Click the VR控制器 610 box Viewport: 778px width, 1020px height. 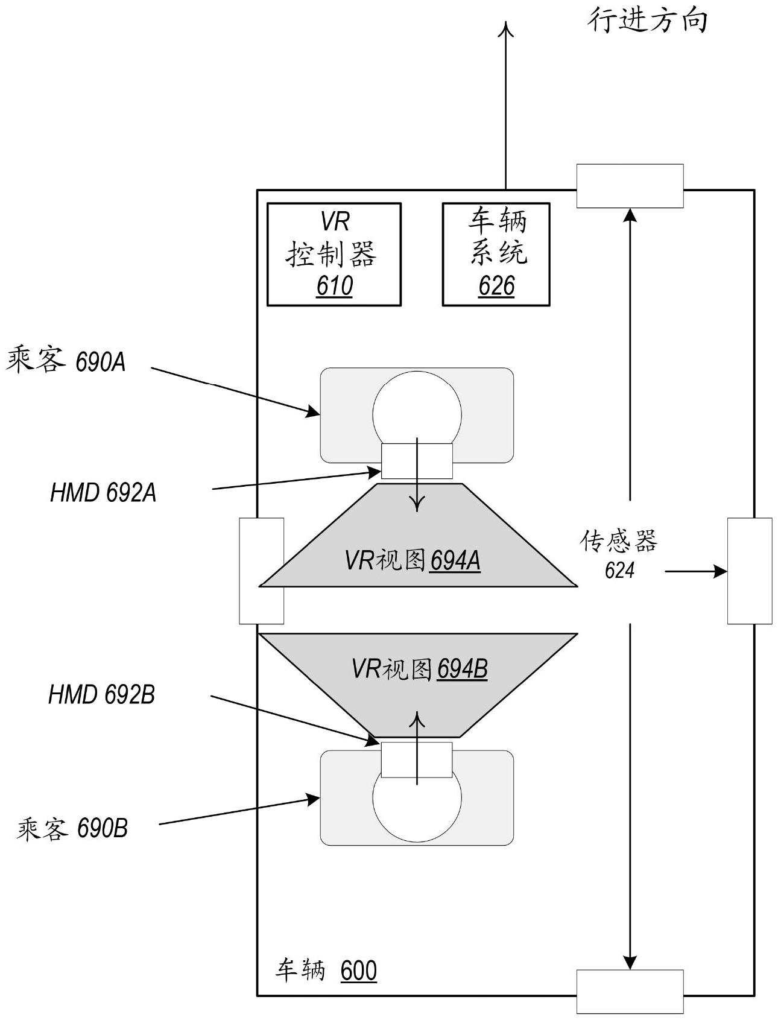coord(334,254)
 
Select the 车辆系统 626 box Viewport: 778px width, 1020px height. coord(496,254)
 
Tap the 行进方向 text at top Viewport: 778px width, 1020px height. coord(647,21)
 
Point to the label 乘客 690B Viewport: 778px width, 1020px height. coord(72,828)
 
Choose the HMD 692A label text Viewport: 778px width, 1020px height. coord(103,493)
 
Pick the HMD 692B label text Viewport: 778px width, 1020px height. coord(101,694)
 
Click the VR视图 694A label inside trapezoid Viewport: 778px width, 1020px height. coord(413,561)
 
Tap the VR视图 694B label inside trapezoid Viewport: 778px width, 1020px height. coord(419,669)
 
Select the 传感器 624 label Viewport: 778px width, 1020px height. coord(619,554)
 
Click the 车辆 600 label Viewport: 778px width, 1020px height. coord(326,971)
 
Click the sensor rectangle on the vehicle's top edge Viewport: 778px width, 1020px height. coord(630,186)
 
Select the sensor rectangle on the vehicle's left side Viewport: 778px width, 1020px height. coord(261,570)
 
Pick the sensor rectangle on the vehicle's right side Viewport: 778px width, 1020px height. coord(749,570)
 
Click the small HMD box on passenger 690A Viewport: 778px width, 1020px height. coord(417,461)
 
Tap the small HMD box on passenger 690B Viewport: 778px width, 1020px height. coord(417,759)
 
